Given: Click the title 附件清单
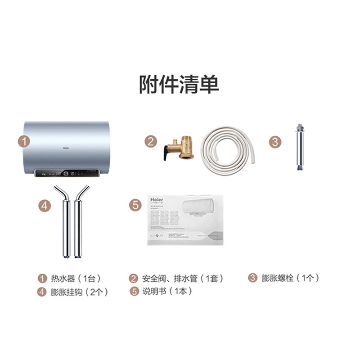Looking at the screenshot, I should (x=179, y=85).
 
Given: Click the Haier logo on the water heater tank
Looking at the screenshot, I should (x=66, y=146).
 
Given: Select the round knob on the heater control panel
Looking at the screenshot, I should (x=66, y=173).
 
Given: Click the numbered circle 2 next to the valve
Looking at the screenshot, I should (x=151, y=142).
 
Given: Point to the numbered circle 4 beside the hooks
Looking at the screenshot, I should (x=43, y=205).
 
